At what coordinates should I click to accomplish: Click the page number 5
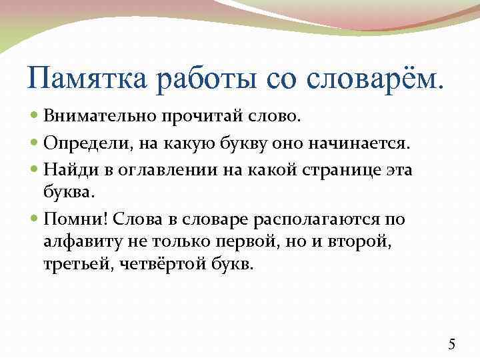tap(451, 344)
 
